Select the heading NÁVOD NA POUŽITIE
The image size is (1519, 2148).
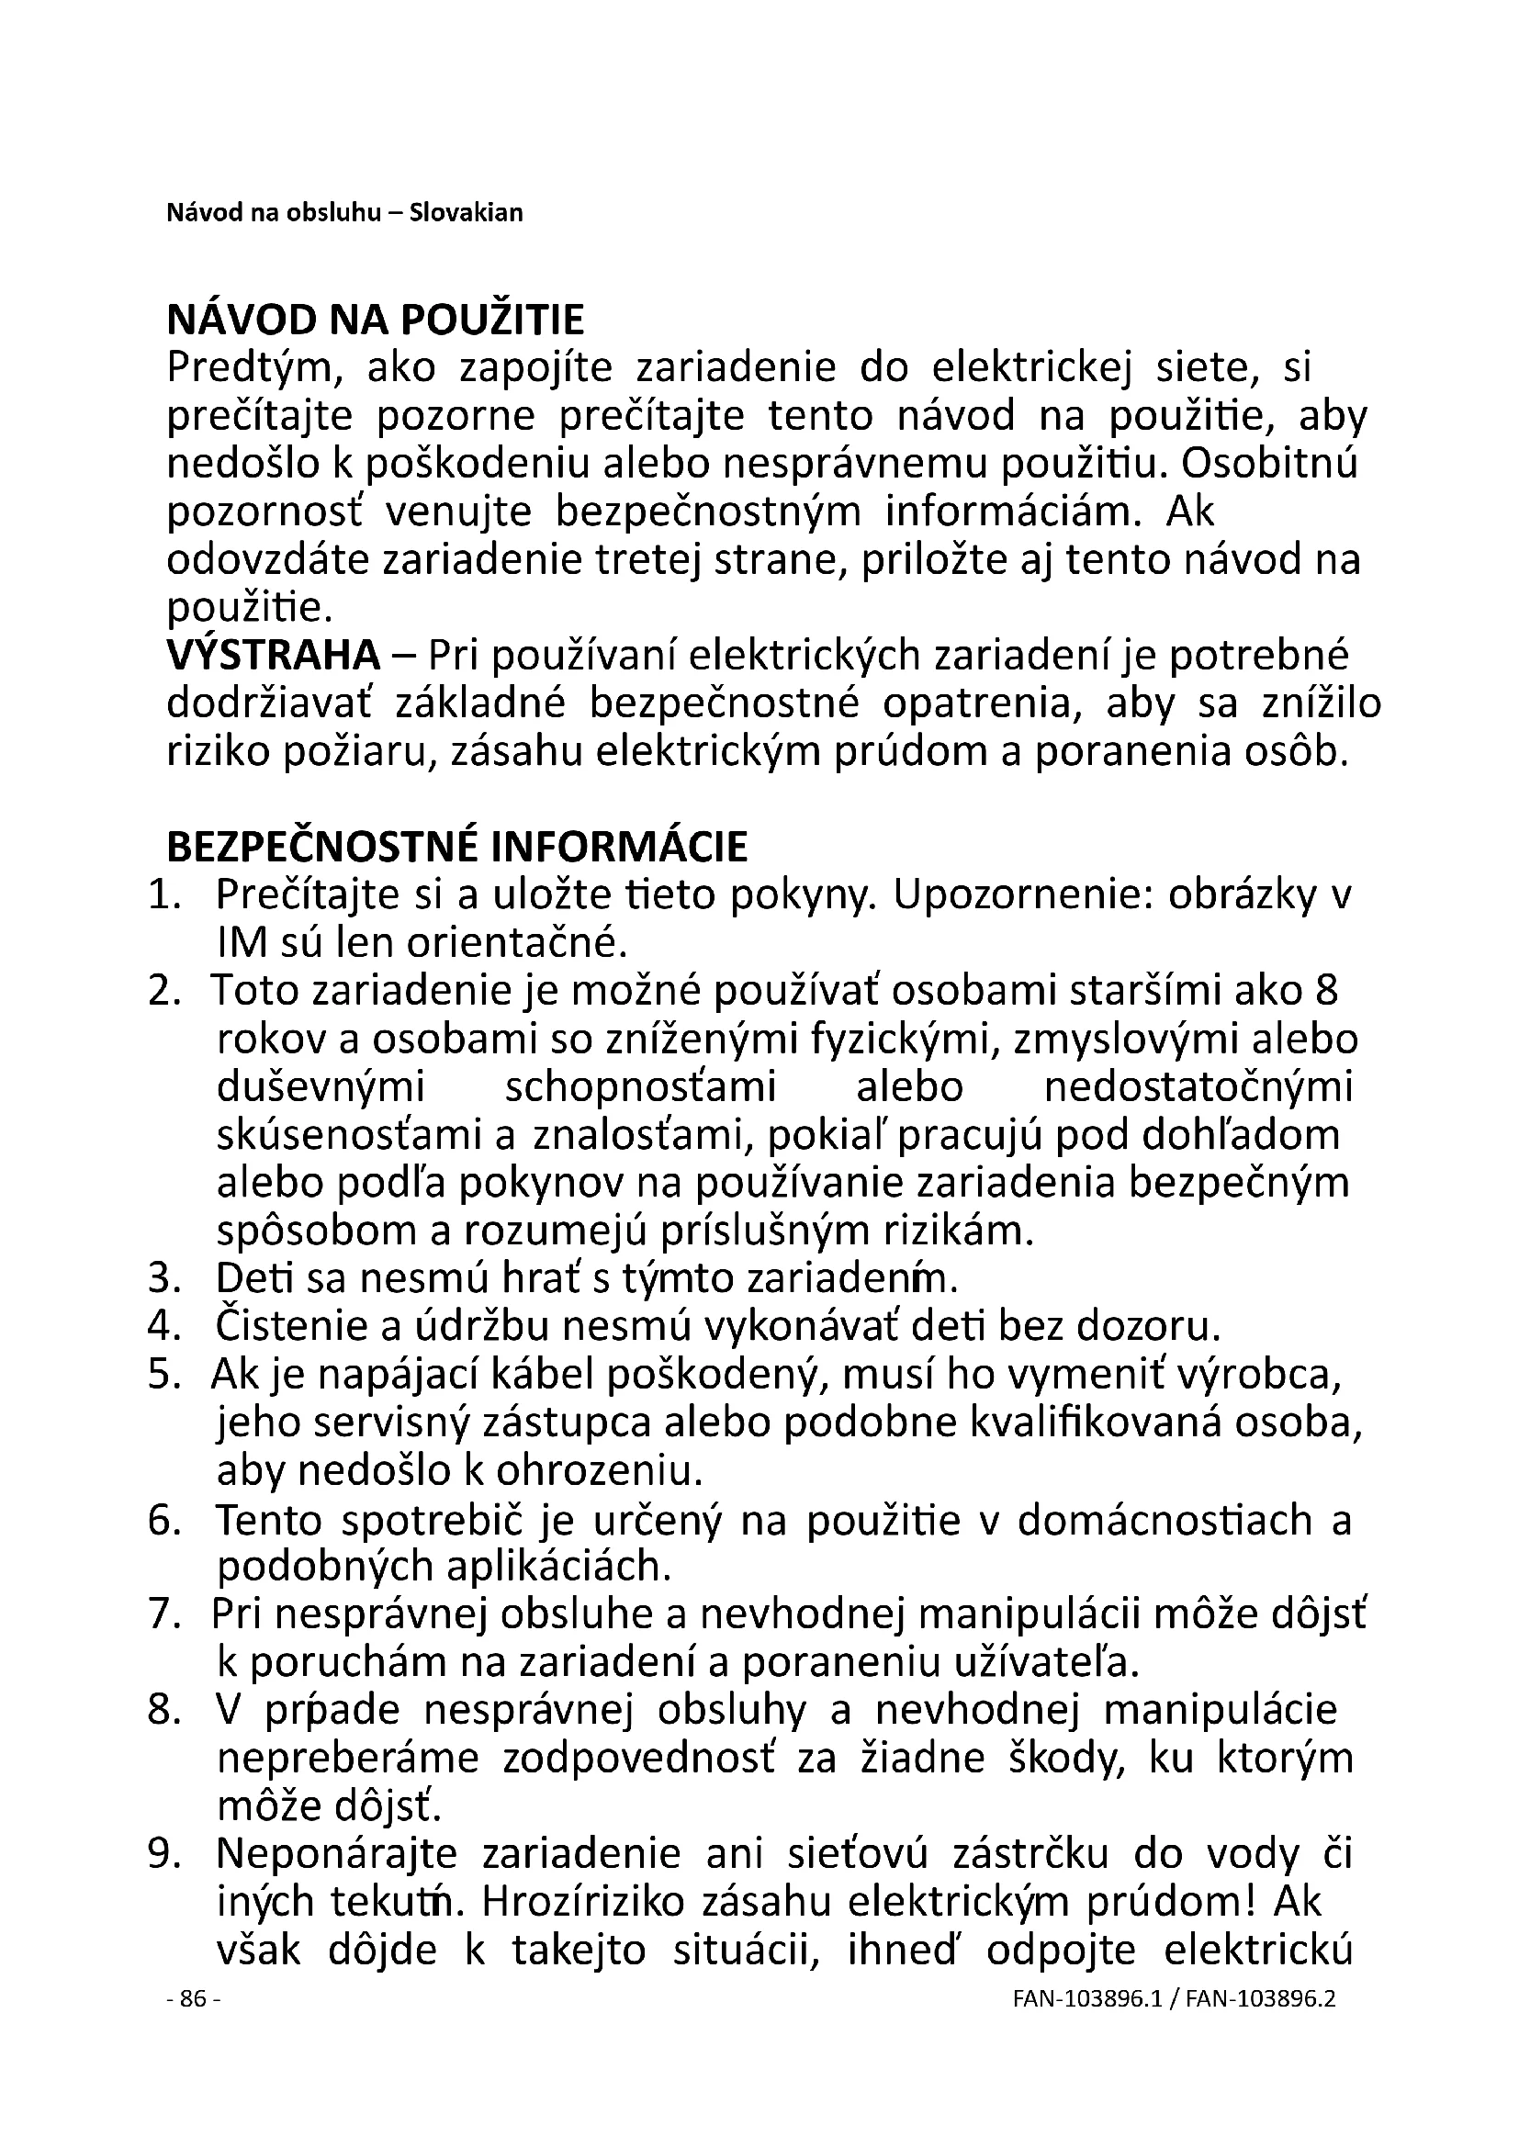coord(375,321)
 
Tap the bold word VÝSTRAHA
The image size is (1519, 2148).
coord(273,656)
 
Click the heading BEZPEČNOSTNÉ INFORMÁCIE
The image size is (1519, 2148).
coord(456,847)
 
